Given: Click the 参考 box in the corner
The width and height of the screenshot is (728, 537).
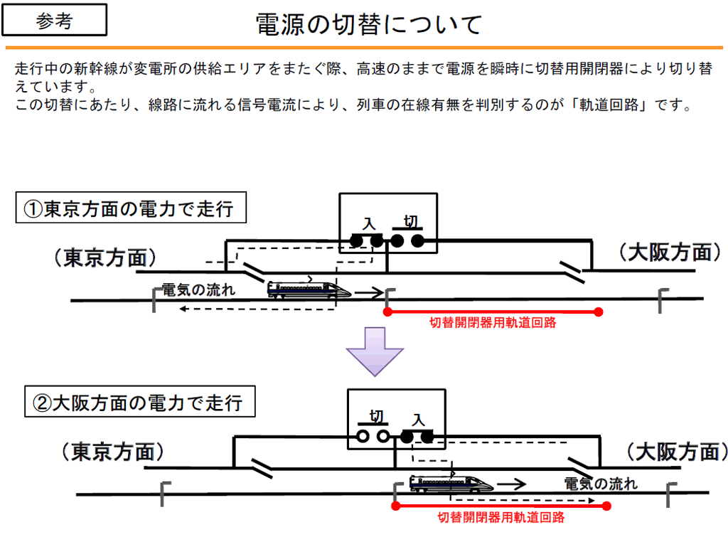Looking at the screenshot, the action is tap(54, 20).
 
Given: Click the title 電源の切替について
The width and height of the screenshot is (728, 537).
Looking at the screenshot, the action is tap(369, 24).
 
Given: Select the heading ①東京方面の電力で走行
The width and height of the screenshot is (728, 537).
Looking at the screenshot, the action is tap(131, 208).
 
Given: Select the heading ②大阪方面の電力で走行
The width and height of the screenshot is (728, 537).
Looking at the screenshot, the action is tap(140, 401).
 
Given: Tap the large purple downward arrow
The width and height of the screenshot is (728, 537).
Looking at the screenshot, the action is tap(375, 351).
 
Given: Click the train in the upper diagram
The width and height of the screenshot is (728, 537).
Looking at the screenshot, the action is tap(309, 289).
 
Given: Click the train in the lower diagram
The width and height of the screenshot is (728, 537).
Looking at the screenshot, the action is tap(451, 483).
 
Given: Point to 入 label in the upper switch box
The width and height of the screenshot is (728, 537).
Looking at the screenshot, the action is tap(369, 224).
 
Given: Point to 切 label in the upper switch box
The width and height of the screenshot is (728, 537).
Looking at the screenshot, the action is tap(410, 222).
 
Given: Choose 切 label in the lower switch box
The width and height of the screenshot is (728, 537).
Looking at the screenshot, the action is tap(377, 416).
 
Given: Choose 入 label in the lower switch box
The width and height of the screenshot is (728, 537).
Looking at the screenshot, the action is tap(418, 420).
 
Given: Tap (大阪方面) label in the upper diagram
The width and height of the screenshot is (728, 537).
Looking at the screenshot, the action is tap(670, 252).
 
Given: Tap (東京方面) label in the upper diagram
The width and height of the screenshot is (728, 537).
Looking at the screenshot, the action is tap(105, 257).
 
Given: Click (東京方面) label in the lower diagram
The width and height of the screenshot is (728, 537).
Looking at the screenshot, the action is tap(113, 452).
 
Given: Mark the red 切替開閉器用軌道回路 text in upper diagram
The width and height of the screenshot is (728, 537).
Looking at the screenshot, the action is tap(493, 322).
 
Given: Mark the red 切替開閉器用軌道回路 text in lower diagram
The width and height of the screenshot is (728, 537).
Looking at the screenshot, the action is tap(501, 517).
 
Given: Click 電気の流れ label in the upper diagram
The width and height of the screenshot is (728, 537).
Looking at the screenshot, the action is tap(199, 290).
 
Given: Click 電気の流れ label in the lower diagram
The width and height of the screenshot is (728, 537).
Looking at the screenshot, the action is tap(601, 484).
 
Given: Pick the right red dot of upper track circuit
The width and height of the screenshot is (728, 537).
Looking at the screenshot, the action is tap(599, 312).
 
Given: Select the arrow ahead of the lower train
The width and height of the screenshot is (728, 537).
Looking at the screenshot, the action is tap(512, 484).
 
